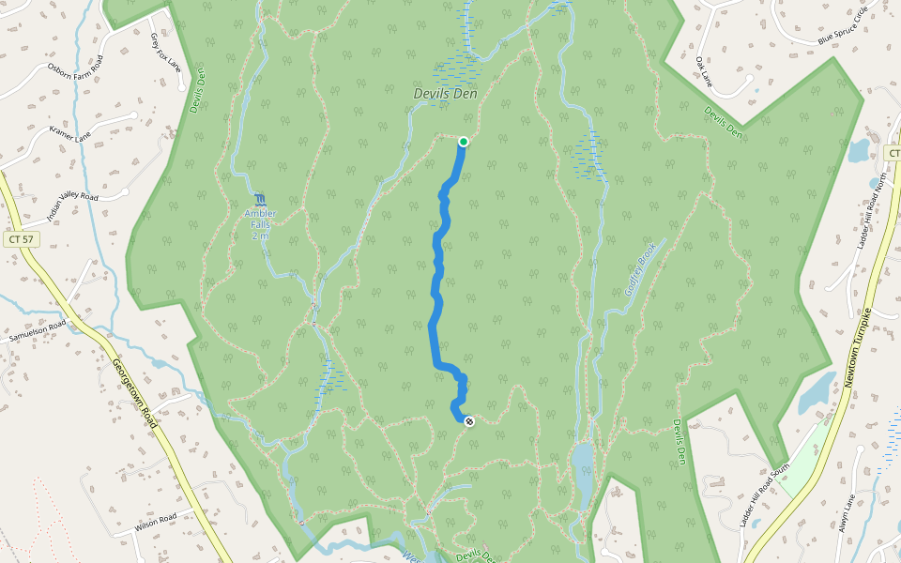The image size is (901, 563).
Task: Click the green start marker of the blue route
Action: pyautogui.click(x=463, y=142)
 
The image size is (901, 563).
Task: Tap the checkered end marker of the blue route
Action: pyautogui.click(x=469, y=421)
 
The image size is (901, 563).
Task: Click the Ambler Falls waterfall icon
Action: pyautogui.click(x=260, y=200)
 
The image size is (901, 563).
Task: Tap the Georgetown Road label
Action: pyautogui.click(x=133, y=394)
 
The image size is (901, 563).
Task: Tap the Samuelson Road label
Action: pyautogui.click(x=38, y=330)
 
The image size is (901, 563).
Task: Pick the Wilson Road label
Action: pyautogui.click(x=156, y=522)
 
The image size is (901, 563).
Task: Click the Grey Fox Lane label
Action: pyautogui.click(x=166, y=51)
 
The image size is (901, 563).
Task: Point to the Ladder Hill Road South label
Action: pyautogui.click(x=766, y=495)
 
